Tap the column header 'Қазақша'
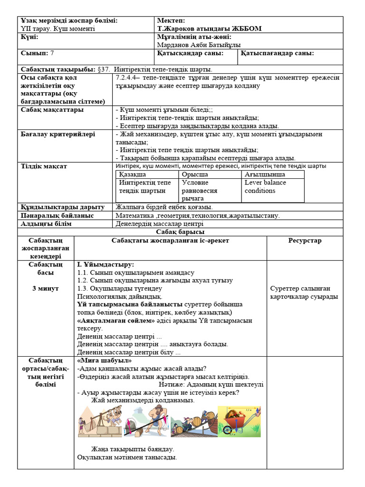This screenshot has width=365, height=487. pos(133,175)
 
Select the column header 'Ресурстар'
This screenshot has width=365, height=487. pos(305,241)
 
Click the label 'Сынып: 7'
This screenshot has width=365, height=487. pos(38,53)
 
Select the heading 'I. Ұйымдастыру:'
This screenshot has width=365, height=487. pos(105,264)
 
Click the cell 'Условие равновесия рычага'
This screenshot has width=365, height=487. pos(200,190)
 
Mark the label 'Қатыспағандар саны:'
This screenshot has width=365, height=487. pos(278,53)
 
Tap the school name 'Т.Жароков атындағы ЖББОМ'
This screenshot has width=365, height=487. pos(209,29)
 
